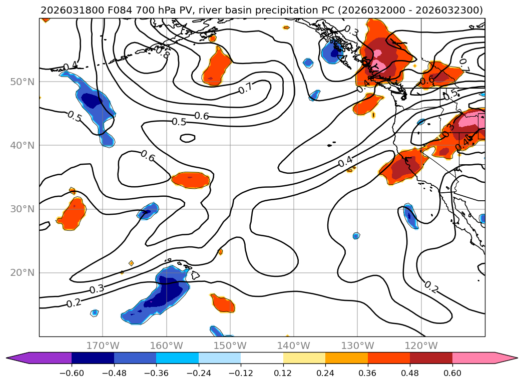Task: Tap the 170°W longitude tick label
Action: (x=103, y=345)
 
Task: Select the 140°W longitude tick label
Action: (x=294, y=345)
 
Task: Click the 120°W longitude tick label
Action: (x=421, y=345)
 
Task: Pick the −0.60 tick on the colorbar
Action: (x=72, y=364)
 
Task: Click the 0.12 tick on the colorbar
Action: (x=283, y=364)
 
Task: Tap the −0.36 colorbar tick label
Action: (x=156, y=374)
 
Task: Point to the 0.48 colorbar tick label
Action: (x=410, y=374)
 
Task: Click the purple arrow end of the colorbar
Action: (x=15, y=358)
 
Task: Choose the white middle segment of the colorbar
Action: (x=262, y=358)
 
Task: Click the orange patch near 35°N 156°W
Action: (x=190, y=180)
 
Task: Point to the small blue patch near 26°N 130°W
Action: (x=356, y=236)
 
